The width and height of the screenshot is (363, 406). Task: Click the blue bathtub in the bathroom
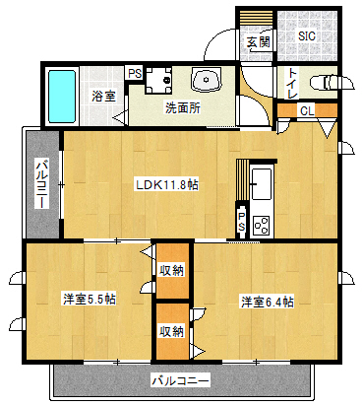(x=62, y=97)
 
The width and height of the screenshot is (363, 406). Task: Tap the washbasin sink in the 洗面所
(x=207, y=80)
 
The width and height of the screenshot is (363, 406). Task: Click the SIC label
(x=307, y=35)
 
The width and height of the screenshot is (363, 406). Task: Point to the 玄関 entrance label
(x=259, y=42)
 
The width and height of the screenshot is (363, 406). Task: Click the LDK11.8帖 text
(x=167, y=185)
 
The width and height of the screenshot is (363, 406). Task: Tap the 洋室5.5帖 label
(x=90, y=300)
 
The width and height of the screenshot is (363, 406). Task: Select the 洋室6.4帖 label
(x=268, y=302)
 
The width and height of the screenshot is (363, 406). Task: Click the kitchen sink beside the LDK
(x=261, y=183)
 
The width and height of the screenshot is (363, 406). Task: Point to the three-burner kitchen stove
(x=262, y=225)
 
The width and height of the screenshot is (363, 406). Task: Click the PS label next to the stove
(x=241, y=222)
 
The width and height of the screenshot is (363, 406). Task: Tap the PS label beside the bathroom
(x=135, y=74)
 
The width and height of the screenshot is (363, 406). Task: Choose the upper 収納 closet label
(x=172, y=270)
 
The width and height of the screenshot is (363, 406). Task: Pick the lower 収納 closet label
(x=172, y=331)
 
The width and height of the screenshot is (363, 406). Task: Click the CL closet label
(x=307, y=111)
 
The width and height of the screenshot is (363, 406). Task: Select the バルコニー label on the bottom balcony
(x=180, y=381)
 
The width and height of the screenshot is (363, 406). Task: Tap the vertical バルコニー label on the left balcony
(x=42, y=184)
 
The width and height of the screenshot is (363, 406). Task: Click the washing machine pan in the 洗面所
(x=158, y=80)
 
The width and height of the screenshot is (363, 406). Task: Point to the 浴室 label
(x=103, y=97)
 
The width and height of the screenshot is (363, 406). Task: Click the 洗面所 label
(x=183, y=107)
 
